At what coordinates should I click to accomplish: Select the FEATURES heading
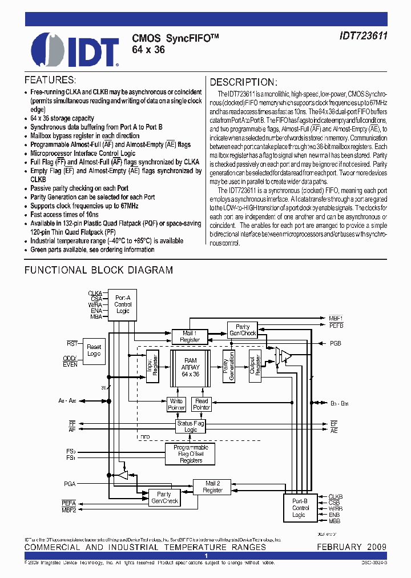(50, 80)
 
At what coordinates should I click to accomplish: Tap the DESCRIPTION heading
(244, 82)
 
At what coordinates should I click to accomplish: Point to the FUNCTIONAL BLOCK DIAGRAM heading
(98, 270)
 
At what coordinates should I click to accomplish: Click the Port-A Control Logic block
(123, 304)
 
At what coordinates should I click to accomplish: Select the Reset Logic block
(93, 350)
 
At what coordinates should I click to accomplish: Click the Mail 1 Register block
(190, 336)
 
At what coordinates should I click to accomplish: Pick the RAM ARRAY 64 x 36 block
(190, 366)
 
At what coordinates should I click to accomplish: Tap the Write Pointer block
(176, 404)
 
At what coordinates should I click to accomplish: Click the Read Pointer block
(202, 404)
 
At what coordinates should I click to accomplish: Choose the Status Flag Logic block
(191, 426)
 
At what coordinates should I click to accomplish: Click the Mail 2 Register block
(212, 487)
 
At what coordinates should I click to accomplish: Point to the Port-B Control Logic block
(300, 508)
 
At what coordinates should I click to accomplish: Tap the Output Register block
(255, 366)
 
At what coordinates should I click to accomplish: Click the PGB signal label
(335, 344)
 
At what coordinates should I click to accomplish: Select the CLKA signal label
(95, 293)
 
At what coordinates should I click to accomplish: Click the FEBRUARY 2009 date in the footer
(352, 547)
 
